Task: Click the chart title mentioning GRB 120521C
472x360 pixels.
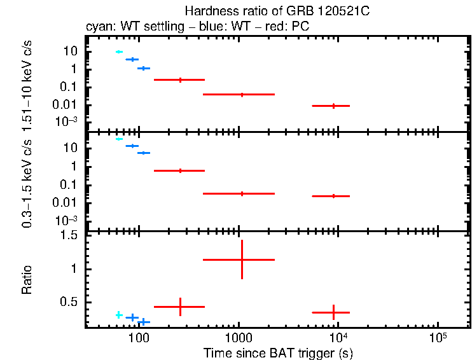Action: click(277, 11)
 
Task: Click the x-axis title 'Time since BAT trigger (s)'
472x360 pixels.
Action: click(277, 352)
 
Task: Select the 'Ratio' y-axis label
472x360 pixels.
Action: click(27, 280)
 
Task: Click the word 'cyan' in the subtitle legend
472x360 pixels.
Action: click(96, 27)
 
